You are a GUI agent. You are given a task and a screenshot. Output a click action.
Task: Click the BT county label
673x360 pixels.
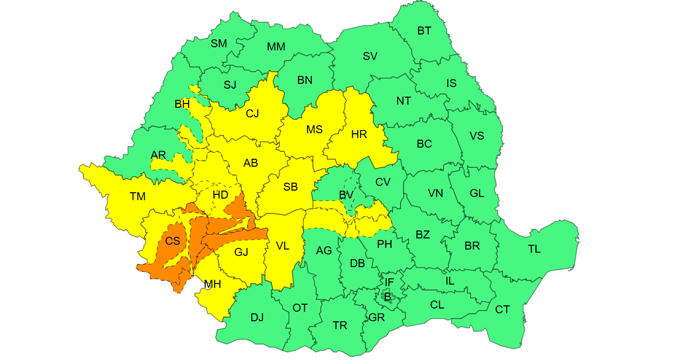click(x=424, y=31)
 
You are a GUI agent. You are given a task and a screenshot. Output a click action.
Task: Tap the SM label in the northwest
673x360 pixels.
click(x=219, y=44)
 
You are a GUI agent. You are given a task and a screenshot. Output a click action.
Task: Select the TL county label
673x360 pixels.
click(x=534, y=249)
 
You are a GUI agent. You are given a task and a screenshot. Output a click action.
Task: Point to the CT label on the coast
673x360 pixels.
click(x=502, y=310)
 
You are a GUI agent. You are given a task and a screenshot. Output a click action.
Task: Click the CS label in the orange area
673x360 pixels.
click(x=173, y=241)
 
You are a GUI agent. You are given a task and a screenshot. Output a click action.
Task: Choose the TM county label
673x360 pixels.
click(x=138, y=196)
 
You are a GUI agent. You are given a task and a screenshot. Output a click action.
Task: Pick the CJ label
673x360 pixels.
click(x=252, y=114)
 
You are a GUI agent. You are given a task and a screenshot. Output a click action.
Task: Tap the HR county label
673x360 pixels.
click(x=359, y=134)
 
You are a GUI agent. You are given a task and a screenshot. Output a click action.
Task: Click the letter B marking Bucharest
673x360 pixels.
click(x=388, y=297)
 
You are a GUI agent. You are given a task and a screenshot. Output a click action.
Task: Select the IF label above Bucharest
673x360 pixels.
click(x=389, y=282)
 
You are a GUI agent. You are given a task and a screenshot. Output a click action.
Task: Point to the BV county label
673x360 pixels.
click(x=346, y=195)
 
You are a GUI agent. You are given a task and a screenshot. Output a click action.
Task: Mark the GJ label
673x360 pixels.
click(x=241, y=252)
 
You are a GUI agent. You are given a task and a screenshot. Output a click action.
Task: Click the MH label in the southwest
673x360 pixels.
click(x=212, y=284)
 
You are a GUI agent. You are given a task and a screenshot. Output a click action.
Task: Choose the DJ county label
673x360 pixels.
click(x=257, y=318)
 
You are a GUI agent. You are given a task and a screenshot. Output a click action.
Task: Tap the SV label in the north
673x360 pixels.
click(x=370, y=56)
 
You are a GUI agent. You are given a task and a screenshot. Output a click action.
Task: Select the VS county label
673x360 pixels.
click(x=477, y=136)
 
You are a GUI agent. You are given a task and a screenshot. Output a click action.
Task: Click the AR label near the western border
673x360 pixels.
click(x=158, y=155)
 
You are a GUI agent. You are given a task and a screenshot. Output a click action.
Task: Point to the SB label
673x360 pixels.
click(x=291, y=187)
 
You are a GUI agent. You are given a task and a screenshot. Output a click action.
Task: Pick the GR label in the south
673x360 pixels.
click(x=377, y=318)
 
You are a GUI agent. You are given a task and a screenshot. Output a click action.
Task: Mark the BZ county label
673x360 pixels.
click(x=423, y=235)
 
